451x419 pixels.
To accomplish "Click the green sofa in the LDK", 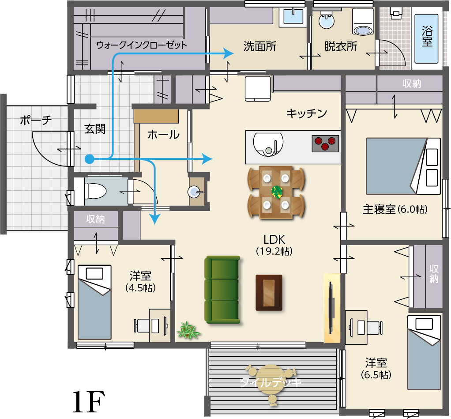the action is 222,290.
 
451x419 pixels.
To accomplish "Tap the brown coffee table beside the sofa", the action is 269,293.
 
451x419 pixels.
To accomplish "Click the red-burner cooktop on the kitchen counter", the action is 325,143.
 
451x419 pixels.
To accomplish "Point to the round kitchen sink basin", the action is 268,144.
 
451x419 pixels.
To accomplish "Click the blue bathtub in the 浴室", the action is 427,38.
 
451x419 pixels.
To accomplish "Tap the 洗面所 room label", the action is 260,46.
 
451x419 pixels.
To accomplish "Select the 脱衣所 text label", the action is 341,46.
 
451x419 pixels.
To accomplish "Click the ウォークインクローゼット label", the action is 142,45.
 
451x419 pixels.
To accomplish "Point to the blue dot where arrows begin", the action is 90,159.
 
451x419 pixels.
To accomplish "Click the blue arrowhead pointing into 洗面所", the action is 229,53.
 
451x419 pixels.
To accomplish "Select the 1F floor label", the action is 89,402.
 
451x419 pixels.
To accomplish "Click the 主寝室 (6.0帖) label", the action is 395,209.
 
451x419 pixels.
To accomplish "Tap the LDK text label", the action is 274,239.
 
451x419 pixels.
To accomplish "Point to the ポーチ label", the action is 36,120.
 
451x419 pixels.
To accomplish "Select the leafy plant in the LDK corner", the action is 188,330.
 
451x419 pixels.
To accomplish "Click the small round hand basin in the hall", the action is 195,192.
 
